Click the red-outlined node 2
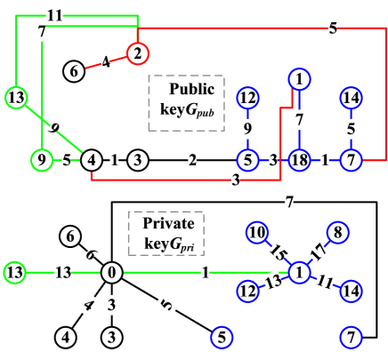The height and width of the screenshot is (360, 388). [x=136, y=54]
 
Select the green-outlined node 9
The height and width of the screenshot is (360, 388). [x=42, y=161]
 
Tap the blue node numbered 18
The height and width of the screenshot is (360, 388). [x=300, y=161]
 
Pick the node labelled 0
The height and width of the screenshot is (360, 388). [x=111, y=273]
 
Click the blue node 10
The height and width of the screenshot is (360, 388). [x=257, y=233]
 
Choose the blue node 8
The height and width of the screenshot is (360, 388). [x=337, y=233]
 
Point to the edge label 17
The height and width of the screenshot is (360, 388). [x=319, y=252]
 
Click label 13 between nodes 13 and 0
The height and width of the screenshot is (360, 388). [x=62, y=273]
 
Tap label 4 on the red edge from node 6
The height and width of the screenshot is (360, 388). [x=106, y=62]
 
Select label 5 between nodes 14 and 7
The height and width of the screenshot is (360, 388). [x=351, y=129]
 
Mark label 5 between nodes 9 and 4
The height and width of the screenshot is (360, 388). [x=67, y=161]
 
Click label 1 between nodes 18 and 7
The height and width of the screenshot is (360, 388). [x=325, y=161]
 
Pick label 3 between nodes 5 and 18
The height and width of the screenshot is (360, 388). [x=273, y=161]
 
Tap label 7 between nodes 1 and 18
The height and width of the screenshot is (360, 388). [x=299, y=119]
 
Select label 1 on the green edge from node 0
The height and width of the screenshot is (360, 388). [x=206, y=273]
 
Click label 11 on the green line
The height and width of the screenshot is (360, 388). [x=54, y=15]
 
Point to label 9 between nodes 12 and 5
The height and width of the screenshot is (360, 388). [x=247, y=129]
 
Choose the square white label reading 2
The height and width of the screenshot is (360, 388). [x=192, y=161]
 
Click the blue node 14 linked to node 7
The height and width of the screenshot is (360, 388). [x=352, y=98]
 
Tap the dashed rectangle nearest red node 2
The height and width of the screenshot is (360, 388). [x=186, y=103]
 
